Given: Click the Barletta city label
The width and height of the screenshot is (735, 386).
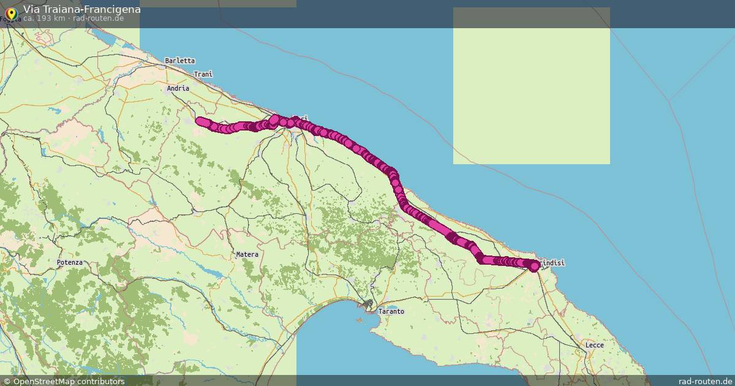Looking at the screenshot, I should (x=179, y=61).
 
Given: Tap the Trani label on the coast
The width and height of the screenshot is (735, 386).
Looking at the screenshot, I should (x=203, y=74).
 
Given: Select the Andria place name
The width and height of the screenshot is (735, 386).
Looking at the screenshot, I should (x=178, y=88).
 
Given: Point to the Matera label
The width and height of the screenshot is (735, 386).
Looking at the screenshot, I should (x=247, y=254).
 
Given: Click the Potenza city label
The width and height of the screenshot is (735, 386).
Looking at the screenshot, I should (x=69, y=262).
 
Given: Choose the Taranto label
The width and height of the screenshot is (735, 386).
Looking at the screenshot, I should (x=391, y=311).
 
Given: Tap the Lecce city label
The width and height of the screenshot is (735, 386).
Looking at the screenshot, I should (x=594, y=345).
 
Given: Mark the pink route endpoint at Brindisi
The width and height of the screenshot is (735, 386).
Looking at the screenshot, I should (x=534, y=265).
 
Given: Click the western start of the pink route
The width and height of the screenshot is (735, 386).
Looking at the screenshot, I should (x=199, y=120).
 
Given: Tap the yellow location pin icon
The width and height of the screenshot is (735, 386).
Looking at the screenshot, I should (x=10, y=12).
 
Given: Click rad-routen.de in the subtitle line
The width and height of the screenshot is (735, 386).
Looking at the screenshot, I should (x=98, y=18).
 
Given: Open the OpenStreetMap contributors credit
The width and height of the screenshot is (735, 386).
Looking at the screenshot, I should (x=68, y=381).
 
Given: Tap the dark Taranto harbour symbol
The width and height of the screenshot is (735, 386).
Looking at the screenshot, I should (x=367, y=304).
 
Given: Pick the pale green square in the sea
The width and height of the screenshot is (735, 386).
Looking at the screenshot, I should (x=531, y=86).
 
